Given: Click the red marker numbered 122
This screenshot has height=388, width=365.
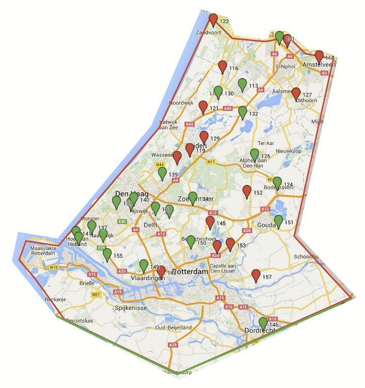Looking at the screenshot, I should click(x=213, y=21).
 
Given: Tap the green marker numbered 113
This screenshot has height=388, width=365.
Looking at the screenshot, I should click(x=242, y=85).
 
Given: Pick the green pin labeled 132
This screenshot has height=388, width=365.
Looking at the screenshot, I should click(x=243, y=112).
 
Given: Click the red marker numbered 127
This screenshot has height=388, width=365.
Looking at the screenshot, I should click(x=296, y=94).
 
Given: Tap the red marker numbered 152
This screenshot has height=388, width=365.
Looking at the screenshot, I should click(x=247, y=192).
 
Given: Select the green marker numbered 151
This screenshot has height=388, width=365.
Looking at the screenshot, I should click(x=278, y=222).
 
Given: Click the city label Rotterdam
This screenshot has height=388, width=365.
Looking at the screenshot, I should click(x=191, y=272).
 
